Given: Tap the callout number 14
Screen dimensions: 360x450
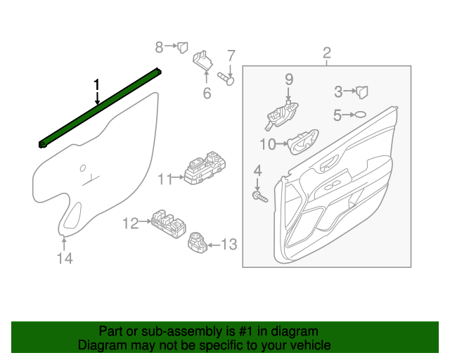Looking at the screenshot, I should tap(65, 259).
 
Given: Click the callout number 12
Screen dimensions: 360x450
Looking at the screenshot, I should tap(131, 224).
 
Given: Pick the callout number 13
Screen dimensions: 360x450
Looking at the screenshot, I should tap(230, 245).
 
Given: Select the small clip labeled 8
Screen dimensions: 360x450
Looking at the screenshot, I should tap(182, 47).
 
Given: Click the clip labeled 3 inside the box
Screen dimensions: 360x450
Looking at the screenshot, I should tap(362, 91).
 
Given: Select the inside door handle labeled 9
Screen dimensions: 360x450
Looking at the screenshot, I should tap(282, 115).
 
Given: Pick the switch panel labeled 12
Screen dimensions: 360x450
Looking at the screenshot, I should tap(168, 222).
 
